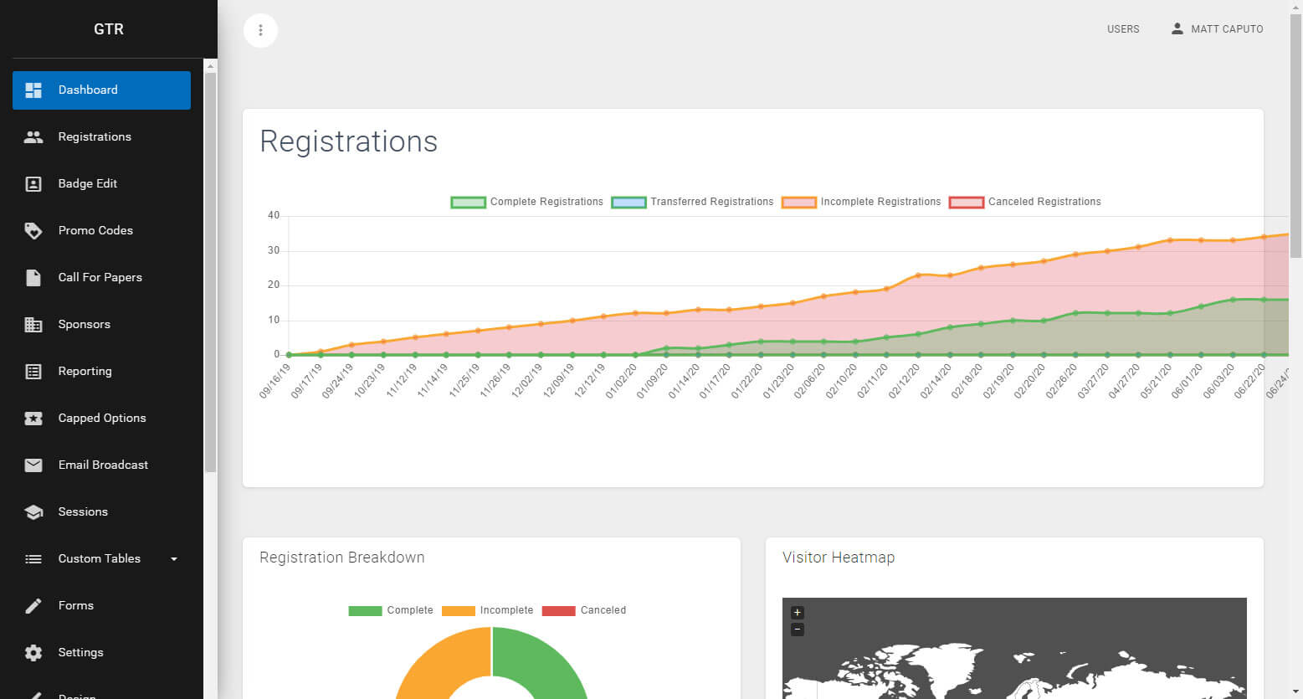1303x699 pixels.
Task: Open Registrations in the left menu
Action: pos(95,137)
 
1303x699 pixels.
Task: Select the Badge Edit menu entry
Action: pos(88,184)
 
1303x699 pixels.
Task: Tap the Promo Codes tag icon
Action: pos(33,231)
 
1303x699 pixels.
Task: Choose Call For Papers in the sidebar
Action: pos(100,278)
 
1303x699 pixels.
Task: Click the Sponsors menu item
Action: pos(84,325)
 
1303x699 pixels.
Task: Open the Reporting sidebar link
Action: pos(85,372)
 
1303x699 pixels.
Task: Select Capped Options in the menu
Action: pos(101,419)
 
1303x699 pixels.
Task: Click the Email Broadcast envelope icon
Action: pos(33,465)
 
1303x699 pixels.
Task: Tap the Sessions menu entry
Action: pos(83,512)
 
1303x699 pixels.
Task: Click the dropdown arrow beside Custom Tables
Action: pos(174,559)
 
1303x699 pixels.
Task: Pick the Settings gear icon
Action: pos(33,653)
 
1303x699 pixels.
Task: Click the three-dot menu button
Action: pos(260,30)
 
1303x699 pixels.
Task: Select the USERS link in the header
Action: pos(1123,29)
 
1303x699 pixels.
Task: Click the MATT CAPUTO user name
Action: pos(1227,29)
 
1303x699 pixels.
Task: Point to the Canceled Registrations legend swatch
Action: pos(966,202)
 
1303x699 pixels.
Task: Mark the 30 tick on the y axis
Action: pos(274,250)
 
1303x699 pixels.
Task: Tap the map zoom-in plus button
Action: pos(797,613)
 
